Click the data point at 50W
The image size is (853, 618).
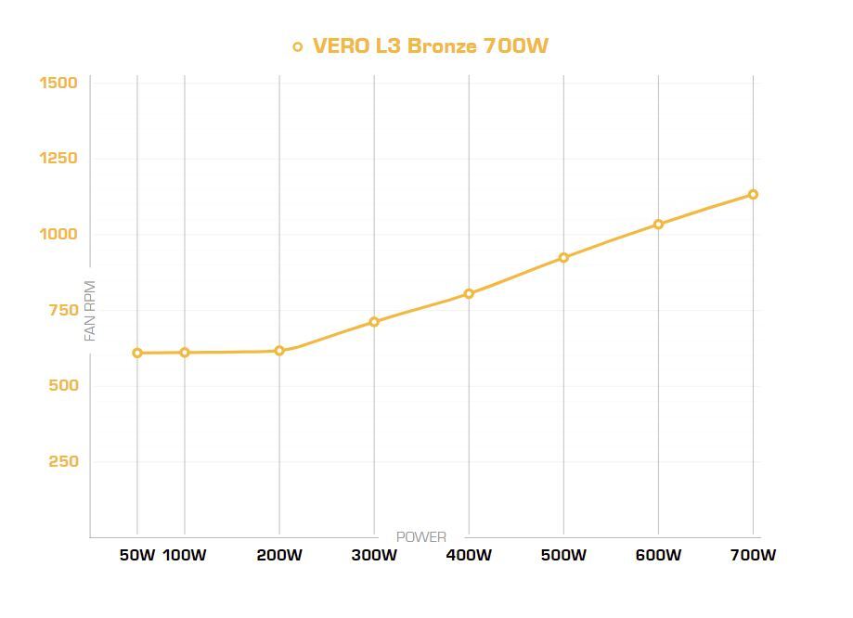pos(137,353)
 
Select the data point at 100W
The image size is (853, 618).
pos(185,353)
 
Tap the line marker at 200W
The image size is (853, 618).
pos(279,351)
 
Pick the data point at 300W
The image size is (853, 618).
pos(374,322)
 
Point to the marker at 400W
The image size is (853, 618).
pos(469,293)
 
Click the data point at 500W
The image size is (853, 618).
pos(563,257)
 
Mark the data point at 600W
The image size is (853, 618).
pos(658,224)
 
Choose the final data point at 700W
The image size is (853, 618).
pos(753,194)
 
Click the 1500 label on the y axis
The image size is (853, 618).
pos(58,83)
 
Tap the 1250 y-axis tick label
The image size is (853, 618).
pos(58,159)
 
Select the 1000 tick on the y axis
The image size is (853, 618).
pos(58,234)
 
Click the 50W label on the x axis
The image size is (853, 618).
pos(137,555)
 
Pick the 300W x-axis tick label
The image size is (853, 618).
pos(374,555)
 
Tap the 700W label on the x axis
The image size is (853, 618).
pos(753,555)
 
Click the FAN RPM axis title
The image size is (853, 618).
pos(90,311)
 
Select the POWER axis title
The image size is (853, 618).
pos(421,536)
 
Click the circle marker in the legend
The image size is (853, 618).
pos(298,46)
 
